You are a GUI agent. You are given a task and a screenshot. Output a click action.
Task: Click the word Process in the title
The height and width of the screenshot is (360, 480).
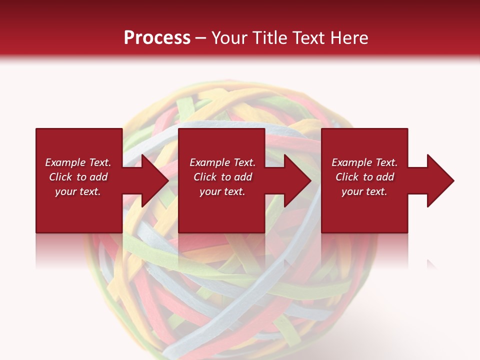coord(157,38)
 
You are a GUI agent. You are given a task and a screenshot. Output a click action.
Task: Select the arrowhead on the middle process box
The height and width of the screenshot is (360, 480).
coord(296,180)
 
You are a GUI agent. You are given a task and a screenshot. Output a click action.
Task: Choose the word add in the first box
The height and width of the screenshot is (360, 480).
coord(98,177)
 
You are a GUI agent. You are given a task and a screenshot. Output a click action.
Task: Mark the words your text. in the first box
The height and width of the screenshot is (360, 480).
coord(78,191)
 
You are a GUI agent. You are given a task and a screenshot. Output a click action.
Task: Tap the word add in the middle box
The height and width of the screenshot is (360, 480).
coord(243,177)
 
